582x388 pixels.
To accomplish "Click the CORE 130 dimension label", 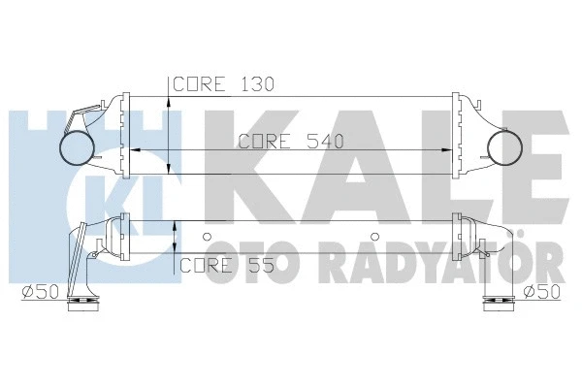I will pos(222,84).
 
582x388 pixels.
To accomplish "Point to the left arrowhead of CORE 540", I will pos(134,151).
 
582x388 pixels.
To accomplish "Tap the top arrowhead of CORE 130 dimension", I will pos(170,100).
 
